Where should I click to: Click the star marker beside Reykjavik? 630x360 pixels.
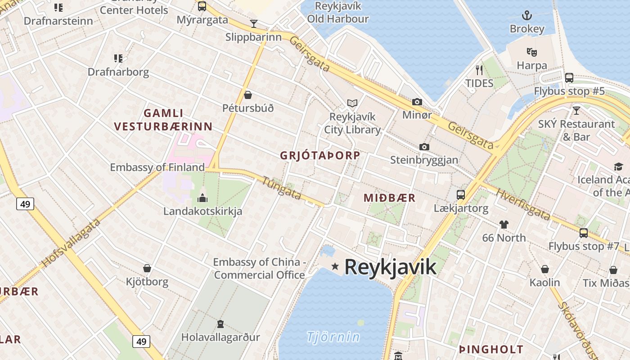335,266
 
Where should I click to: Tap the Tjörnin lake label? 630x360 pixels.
333,337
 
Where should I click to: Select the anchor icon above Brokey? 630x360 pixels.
526,16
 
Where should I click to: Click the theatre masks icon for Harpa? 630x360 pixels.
532,52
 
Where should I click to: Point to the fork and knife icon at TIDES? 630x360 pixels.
479,70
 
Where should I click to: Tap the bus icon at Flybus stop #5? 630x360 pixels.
569,78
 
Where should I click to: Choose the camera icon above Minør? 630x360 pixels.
417,102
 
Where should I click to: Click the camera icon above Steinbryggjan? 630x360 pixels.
424,147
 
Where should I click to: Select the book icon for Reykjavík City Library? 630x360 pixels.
352,103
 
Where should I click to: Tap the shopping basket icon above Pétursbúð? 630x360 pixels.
247,95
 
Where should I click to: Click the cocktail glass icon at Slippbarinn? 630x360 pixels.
254,24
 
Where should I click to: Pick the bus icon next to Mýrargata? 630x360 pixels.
202,6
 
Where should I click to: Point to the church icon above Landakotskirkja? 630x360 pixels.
202,198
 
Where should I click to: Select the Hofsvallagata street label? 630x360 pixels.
71,243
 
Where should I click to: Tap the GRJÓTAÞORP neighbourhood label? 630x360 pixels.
320,156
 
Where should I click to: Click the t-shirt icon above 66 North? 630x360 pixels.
504,224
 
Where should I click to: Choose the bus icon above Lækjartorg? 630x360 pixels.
461,195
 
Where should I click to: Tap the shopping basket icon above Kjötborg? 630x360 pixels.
147,269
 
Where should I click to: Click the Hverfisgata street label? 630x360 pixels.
523,204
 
